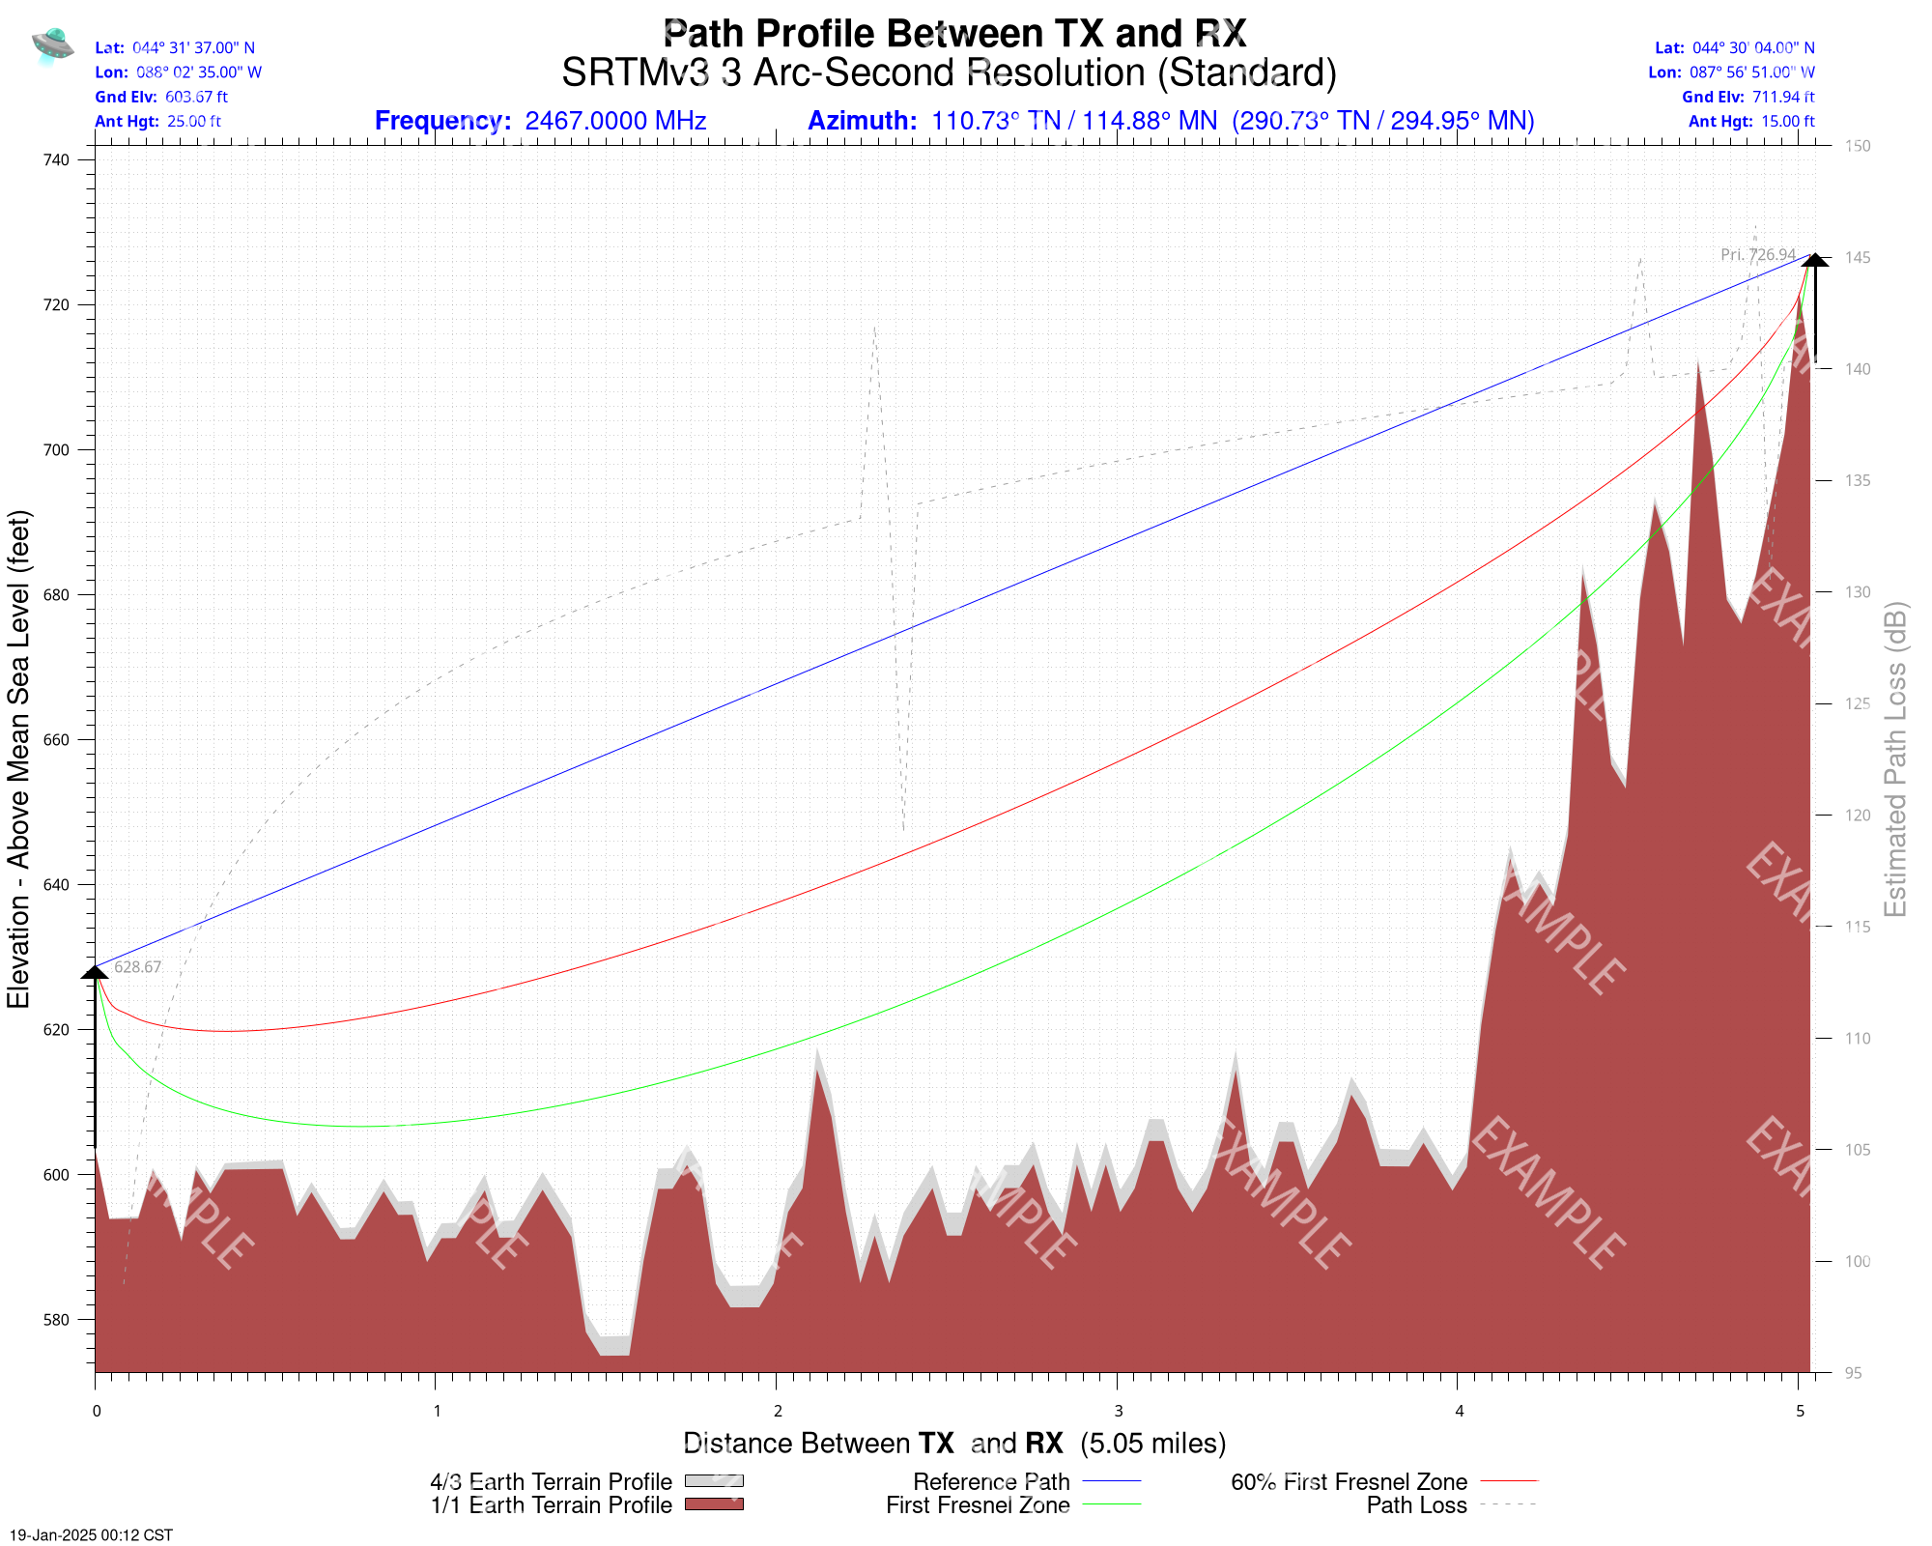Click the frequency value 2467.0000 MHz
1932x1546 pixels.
615,121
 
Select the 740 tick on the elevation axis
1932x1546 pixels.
57,160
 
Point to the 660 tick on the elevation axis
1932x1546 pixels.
57,740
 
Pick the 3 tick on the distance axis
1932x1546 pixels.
1118,1412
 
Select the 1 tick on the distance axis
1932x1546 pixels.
437,1412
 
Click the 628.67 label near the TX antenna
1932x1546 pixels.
138,967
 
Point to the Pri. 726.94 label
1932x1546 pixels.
1758,255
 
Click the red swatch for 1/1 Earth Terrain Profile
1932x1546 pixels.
714,1504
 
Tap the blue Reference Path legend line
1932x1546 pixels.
1111,1481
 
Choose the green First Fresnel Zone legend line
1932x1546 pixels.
1111,1504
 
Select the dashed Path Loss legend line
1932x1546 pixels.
1508,1504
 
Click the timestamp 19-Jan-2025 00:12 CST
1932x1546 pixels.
92,1534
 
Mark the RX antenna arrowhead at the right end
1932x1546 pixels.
1815,260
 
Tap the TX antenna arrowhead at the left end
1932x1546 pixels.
96,971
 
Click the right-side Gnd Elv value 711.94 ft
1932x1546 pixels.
1783,97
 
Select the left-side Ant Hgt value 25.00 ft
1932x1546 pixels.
194,122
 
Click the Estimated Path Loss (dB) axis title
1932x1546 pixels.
1896,759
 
